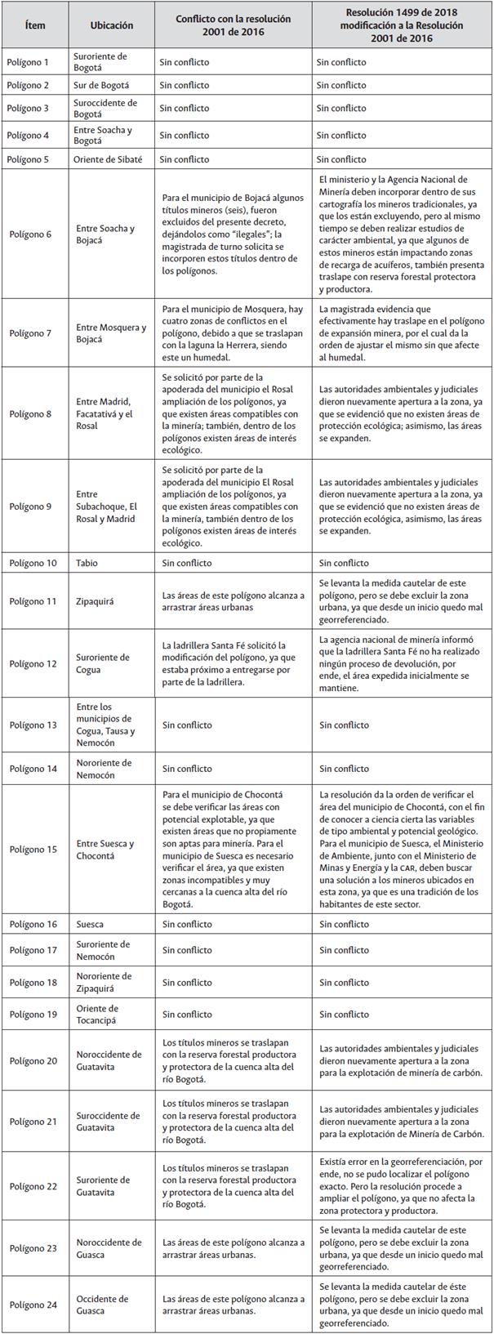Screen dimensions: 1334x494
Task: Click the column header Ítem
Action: pos(35,25)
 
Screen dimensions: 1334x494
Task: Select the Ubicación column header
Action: pos(111,25)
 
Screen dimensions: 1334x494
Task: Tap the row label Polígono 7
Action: pos(30,333)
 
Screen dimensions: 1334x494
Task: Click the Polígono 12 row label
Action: pos(33,663)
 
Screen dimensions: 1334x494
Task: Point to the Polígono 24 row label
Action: pos(33,1305)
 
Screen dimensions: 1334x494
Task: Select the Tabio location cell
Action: pos(87,563)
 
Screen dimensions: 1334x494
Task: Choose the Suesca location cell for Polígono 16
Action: pos(90,924)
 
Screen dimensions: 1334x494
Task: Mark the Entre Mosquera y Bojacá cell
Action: pos(111,333)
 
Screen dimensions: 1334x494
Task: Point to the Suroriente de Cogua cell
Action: pos(102,663)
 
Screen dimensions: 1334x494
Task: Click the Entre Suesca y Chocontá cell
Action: pos(105,850)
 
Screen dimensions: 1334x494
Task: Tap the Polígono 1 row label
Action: pos(30,61)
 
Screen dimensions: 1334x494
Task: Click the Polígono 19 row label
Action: pos(33,1014)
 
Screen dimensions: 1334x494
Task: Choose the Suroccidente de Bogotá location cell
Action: pos(106,108)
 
